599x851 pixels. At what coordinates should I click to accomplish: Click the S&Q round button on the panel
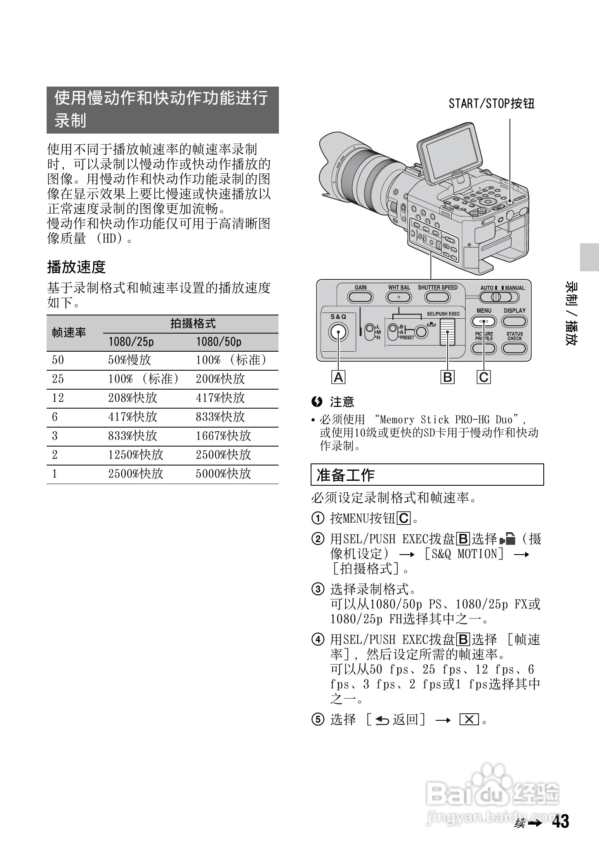[338, 332]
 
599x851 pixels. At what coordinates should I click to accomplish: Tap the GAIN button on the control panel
[360, 297]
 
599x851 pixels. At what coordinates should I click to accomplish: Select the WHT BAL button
[399, 297]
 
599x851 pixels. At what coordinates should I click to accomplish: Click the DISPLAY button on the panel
[514, 321]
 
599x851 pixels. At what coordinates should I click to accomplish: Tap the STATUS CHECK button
[514, 348]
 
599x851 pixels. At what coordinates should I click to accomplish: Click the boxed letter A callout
[338, 377]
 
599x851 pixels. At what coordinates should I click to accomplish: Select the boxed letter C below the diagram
[483, 377]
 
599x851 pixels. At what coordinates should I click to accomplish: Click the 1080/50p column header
[219, 342]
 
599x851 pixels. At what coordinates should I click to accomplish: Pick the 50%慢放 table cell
[130, 360]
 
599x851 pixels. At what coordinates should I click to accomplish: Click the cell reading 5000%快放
[223, 474]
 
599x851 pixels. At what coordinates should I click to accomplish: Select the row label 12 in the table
[58, 398]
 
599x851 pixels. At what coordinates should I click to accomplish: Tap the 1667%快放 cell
[223, 436]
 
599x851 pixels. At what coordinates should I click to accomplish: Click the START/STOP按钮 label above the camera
[491, 103]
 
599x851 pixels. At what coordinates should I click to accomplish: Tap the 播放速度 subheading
[76, 267]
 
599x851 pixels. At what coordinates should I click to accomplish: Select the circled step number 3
[317, 589]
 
